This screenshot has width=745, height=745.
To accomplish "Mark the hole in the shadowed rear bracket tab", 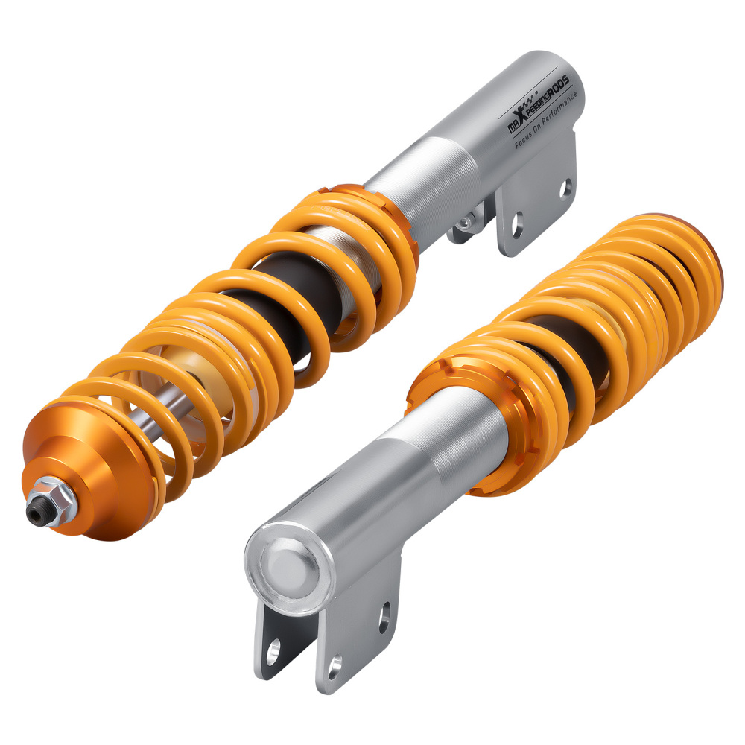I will click(x=273, y=650).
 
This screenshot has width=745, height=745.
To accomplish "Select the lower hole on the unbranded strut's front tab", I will click(x=335, y=663).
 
